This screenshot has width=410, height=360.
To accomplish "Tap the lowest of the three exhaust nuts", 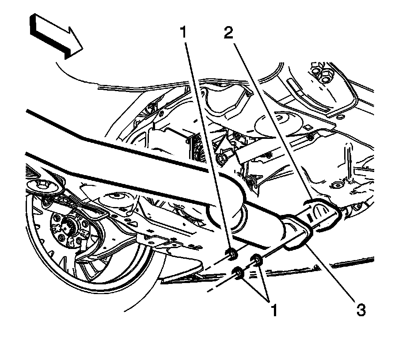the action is coord(238,273).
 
